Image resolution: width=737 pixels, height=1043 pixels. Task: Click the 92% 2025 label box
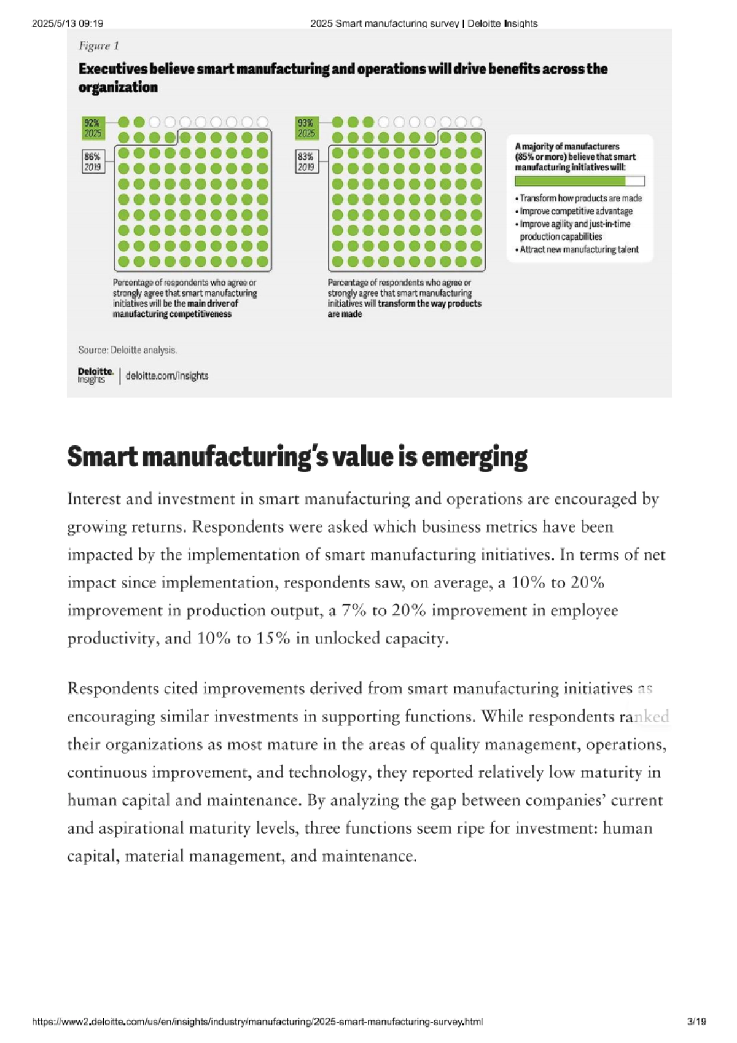click(x=93, y=128)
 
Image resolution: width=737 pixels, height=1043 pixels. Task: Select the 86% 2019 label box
click(x=93, y=162)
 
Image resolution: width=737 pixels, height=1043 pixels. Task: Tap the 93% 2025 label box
click(x=306, y=128)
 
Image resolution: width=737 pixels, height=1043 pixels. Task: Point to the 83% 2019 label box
click(x=306, y=162)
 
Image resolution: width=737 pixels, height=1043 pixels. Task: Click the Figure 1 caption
click(x=99, y=46)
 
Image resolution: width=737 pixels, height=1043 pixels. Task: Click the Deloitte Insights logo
click(x=95, y=375)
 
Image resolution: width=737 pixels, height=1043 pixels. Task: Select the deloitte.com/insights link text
click(x=167, y=376)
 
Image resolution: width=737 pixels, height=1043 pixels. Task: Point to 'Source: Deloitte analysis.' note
click(x=128, y=350)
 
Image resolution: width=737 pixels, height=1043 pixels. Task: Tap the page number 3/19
click(x=696, y=1022)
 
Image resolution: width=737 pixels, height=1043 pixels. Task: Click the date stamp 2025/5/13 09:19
click(x=68, y=23)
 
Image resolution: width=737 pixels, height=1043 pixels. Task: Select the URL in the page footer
click(x=257, y=1022)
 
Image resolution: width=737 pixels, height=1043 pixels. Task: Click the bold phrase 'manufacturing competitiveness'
click(x=172, y=314)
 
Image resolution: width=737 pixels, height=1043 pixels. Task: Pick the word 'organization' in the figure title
click(x=118, y=87)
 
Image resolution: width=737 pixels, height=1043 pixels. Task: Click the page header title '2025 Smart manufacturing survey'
click(x=384, y=23)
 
